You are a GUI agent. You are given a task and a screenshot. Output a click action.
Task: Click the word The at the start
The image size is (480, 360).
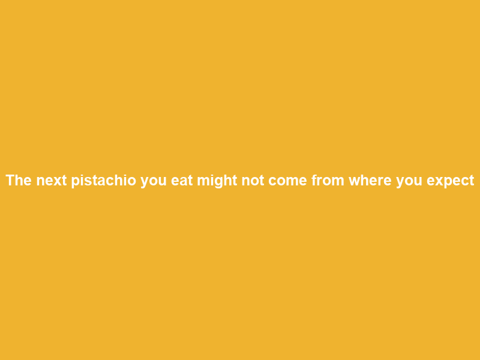(19, 180)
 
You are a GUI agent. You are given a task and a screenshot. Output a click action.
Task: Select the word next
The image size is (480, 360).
(52, 181)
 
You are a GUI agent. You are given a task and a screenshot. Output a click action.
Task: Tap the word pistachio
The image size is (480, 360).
(104, 181)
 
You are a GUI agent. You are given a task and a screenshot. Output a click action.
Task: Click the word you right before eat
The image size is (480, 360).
(154, 182)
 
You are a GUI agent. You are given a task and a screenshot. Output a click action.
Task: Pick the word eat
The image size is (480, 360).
(182, 181)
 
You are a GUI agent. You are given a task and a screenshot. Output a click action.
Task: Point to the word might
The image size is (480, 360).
(217, 181)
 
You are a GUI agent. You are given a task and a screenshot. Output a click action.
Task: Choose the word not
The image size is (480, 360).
(253, 181)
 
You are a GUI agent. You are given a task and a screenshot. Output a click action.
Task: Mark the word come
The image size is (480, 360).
(288, 181)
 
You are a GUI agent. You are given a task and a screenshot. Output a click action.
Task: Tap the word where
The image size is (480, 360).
(370, 180)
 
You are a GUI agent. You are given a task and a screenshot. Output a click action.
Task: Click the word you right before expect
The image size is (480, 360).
(409, 182)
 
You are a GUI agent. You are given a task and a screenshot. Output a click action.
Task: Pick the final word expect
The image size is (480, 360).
(451, 181)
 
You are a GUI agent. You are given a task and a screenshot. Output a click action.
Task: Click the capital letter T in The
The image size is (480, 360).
(10, 180)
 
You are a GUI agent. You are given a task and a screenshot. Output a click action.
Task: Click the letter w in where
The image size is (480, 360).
(355, 181)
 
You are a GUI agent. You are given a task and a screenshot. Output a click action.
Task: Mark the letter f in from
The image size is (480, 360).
(314, 180)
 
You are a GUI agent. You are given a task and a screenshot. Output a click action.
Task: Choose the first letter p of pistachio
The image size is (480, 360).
(76, 182)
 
